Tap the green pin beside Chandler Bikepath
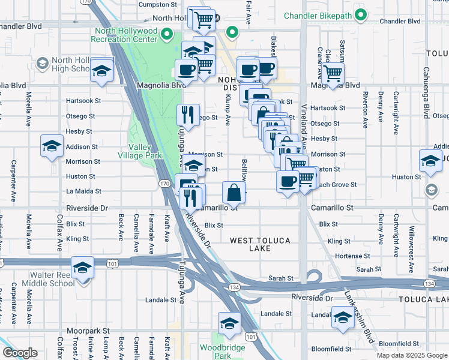pos(360,14)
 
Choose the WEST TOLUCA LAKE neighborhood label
pos(261,244)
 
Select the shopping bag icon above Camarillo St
pos(234,193)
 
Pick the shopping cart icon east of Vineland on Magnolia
pos(333,74)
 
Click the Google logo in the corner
pos(20,353)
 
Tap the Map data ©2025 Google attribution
pos(412,355)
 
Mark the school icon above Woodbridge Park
pos(229,323)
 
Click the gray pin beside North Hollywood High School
pos(43,63)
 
